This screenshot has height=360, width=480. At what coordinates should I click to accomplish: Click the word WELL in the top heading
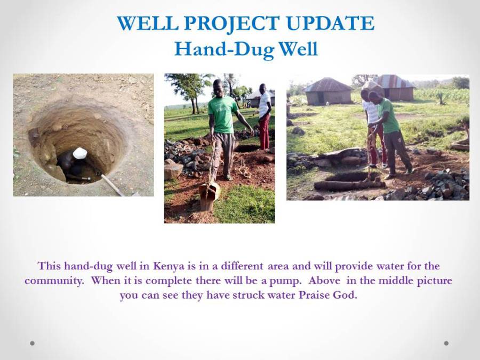coord(147,23)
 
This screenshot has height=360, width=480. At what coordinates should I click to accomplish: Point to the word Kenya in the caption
coord(169,266)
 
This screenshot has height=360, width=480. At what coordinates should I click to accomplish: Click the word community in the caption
coord(54,281)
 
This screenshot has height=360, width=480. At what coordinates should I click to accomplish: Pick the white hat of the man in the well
coord(80,153)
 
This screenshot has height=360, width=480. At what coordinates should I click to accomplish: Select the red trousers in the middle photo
coord(264,131)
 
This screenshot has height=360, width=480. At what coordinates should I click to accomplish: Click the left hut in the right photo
coord(328,91)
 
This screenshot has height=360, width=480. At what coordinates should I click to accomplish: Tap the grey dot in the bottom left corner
coord(32,343)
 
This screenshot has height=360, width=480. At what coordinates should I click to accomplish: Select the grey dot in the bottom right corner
coord(446,343)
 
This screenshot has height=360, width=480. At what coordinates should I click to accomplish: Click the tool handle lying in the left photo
coord(113,185)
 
